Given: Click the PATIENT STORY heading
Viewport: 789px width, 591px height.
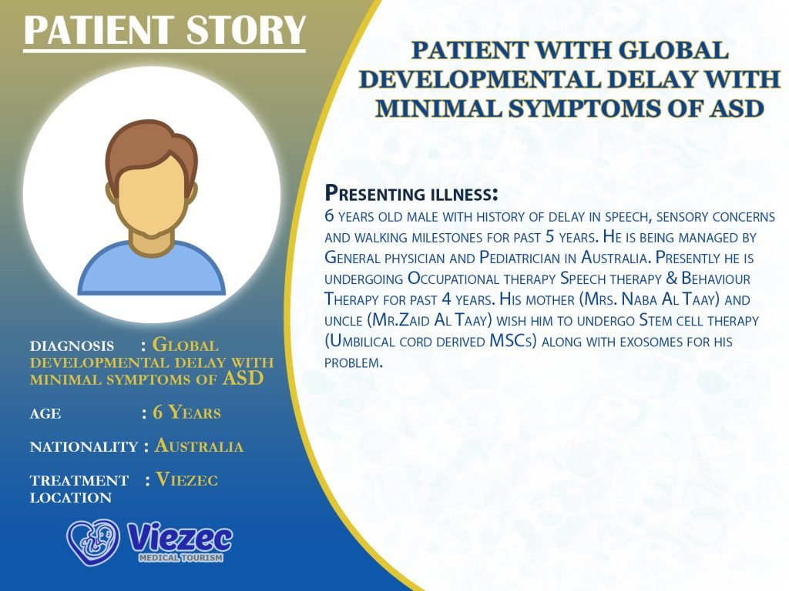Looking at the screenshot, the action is (x=165, y=30).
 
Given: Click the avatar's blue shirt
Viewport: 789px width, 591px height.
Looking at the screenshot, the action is (x=152, y=272).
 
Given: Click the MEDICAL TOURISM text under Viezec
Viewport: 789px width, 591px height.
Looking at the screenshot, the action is (x=180, y=557).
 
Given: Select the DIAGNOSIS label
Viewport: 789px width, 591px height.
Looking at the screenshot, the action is (x=72, y=346).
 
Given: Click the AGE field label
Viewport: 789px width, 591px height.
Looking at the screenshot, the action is (x=45, y=413).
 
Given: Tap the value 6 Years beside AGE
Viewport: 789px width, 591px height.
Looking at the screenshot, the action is (x=186, y=412).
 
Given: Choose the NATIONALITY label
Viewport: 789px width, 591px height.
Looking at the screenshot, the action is (x=83, y=447).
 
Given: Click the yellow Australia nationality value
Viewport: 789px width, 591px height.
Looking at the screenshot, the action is (x=200, y=446).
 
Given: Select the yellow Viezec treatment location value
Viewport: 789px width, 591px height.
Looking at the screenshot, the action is (x=186, y=479).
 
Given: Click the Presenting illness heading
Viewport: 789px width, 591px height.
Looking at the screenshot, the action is (x=411, y=193).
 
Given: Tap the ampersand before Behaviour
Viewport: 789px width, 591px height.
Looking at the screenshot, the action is (x=672, y=278).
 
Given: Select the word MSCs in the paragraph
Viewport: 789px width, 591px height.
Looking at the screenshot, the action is (x=513, y=341).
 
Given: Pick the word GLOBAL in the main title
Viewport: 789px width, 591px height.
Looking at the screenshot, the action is (x=673, y=50).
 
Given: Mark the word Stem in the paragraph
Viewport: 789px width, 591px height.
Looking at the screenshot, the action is (x=654, y=320).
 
